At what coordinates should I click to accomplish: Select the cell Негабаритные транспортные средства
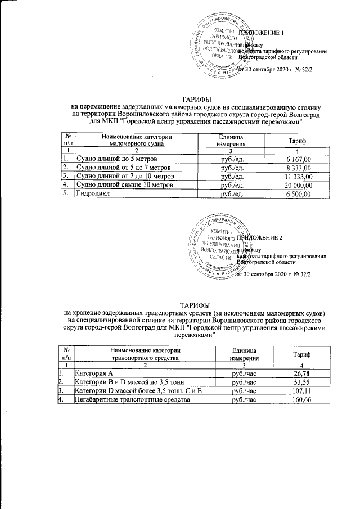click(131, 400)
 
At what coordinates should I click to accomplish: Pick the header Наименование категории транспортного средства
click(145, 354)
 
